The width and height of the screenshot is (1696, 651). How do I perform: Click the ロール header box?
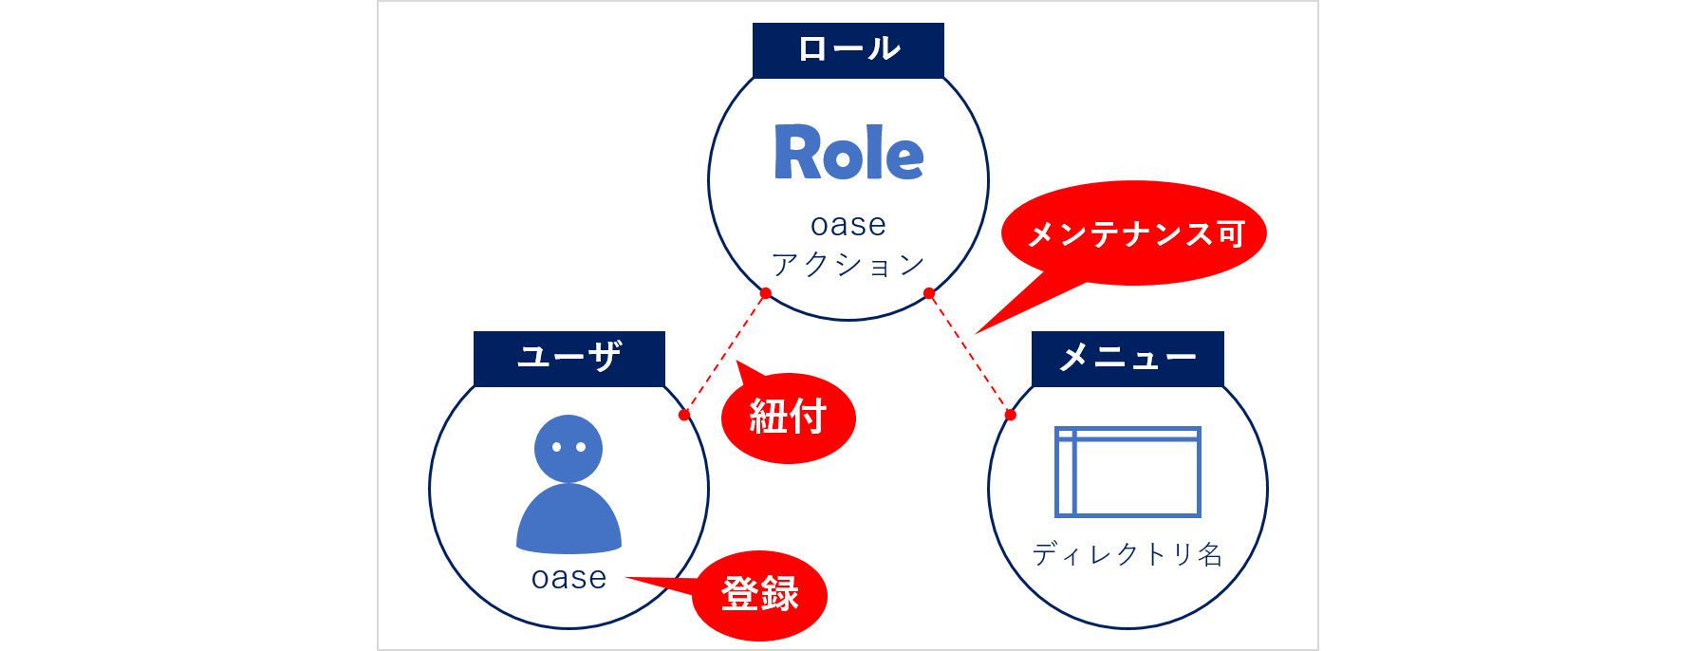point(848,49)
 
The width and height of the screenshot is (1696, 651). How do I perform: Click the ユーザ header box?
point(568,358)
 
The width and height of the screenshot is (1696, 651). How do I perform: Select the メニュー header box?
point(1128,358)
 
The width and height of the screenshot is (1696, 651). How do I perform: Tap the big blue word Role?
point(848,154)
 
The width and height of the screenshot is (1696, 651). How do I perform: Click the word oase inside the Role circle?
point(848,225)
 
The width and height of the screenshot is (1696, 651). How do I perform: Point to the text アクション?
point(848,265)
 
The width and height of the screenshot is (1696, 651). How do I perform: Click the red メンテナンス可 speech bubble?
point(1135,233)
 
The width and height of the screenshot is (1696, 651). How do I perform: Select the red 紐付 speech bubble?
point(788,418)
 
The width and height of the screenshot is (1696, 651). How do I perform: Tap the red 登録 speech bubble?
point(759,595)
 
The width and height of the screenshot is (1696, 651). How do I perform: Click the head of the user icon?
point(568,448)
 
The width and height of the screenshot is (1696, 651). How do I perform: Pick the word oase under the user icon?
point(568,578)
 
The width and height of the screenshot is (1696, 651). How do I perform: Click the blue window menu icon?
point(1128,472)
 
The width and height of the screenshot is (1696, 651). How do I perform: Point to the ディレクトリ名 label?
point(1128,554)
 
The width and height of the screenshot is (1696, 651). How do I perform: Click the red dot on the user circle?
point(684,415)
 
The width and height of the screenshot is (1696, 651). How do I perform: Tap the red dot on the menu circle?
point(1011,415)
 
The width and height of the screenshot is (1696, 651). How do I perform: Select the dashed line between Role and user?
point(725,354)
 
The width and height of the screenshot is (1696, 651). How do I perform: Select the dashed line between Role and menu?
point(970,354)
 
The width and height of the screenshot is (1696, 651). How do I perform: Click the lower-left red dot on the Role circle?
point(766,293)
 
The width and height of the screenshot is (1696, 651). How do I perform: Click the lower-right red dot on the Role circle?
point(929,294)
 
